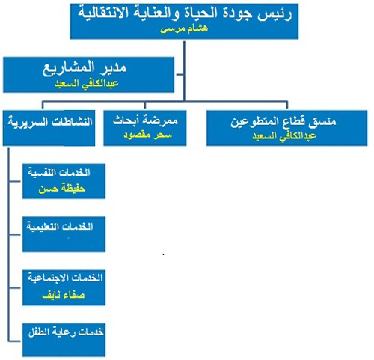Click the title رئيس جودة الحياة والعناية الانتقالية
coord(185,13)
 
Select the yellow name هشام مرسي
coord(184,28)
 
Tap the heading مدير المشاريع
coord(85,68)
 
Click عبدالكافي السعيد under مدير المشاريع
coord(87,83)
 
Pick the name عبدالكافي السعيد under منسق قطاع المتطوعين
coord(284,136)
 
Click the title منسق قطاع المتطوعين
coord(283,122)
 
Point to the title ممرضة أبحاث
coord(145,120)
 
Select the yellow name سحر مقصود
coord(148,135)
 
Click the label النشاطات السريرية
coord(50,122)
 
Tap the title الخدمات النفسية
coord(59,173)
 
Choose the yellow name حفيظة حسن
coord(62,189)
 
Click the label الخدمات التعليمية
coord(60,227)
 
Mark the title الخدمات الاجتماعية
coord(65,278)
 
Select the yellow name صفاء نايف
coord(64,296)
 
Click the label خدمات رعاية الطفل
coord(66,332)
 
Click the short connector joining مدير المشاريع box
coord(180,74)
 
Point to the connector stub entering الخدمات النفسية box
coord(15,181)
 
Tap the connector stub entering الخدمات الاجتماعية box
coord(15,288)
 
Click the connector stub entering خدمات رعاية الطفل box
coord(15,341)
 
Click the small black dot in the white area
coord(164,254)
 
